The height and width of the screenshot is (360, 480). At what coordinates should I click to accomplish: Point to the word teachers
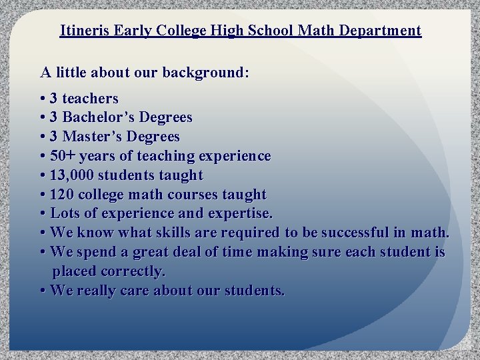[x=90, y=99]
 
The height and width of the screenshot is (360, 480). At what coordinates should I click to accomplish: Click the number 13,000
[x=75, y=175]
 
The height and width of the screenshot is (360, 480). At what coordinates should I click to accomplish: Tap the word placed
[x=74, y=272]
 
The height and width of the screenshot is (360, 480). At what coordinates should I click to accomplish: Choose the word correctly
[x=133, y=272]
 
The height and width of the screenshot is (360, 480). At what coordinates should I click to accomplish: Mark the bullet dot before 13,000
[x=43, y=175]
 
